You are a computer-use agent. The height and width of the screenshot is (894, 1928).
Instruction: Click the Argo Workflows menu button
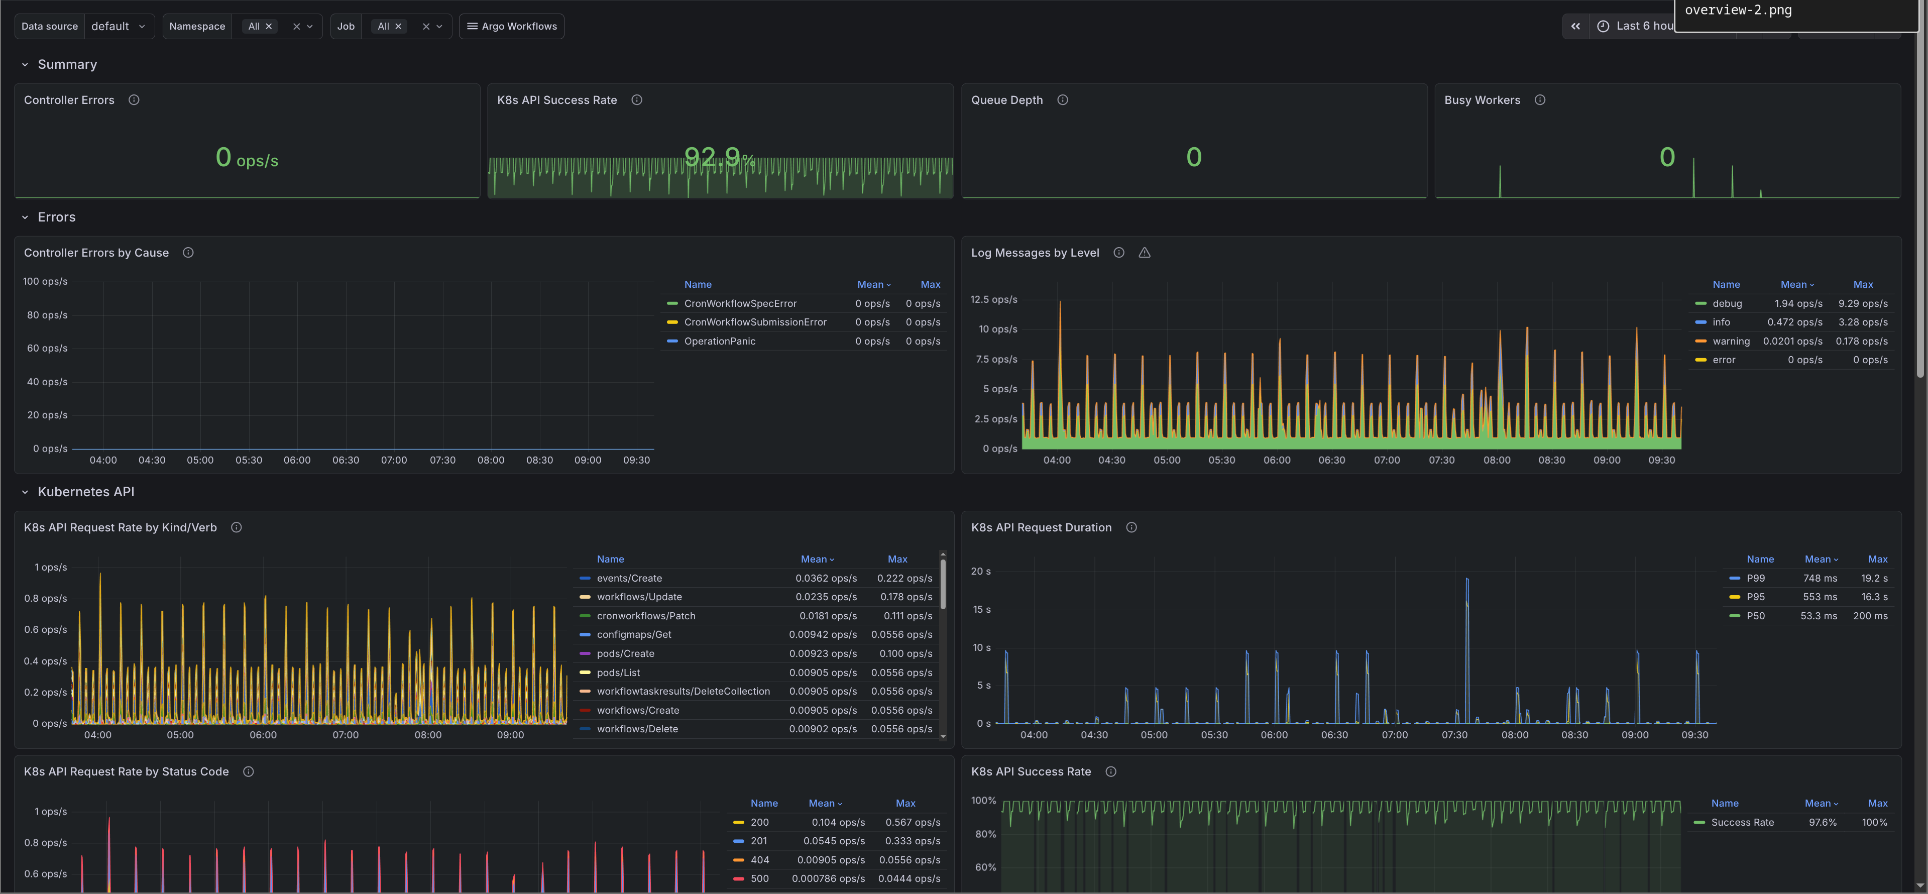click(511, 26)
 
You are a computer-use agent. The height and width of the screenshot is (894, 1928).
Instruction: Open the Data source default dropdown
click(118, 26)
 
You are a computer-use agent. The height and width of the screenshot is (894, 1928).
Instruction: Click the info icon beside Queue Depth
click(1062, 99)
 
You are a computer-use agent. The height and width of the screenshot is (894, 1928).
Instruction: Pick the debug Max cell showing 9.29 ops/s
click(1862, 304)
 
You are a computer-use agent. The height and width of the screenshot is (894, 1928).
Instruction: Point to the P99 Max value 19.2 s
click(1874, 579)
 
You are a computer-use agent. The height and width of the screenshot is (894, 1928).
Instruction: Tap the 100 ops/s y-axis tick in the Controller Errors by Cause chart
click(45, 282)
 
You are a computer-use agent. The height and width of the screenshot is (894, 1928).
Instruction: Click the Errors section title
click(56, 217)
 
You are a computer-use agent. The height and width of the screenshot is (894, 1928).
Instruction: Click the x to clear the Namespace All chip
click(269, 26)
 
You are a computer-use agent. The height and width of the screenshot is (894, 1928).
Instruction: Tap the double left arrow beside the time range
click(1575, 26)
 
